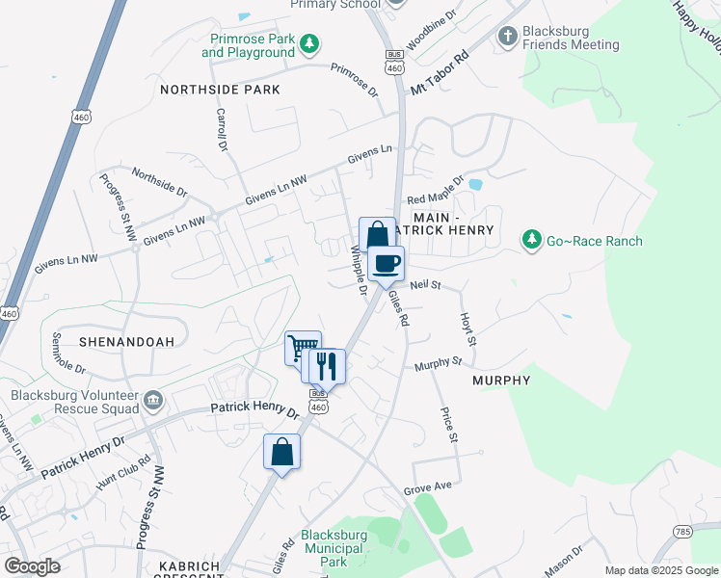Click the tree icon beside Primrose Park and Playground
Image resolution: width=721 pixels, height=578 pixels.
309,43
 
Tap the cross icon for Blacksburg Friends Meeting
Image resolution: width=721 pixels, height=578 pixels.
508,37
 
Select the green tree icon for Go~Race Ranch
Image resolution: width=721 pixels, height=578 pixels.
530,240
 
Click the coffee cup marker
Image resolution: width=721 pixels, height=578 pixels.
387,263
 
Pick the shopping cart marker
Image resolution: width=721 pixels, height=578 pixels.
303,348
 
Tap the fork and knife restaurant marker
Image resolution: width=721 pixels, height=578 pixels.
326,366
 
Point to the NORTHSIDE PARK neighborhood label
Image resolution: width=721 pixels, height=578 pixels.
220,90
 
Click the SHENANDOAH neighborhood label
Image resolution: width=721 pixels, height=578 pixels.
92,342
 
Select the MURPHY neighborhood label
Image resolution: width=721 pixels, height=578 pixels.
501,381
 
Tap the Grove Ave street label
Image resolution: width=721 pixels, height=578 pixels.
428,489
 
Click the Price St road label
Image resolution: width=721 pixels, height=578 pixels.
448,425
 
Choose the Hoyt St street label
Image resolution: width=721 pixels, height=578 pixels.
467,328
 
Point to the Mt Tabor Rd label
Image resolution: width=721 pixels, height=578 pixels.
439,72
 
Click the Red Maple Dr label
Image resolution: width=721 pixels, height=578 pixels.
436,188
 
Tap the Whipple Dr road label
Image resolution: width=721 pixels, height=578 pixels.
358,271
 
